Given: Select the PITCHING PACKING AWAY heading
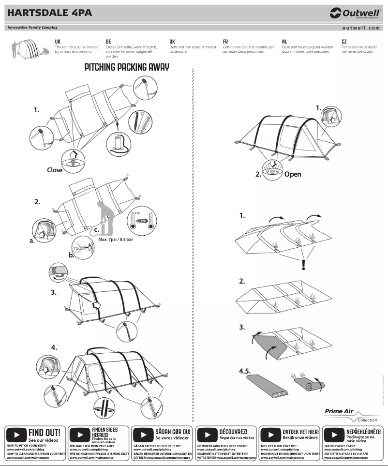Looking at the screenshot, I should [127, 67].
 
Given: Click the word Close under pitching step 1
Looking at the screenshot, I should [55, 170].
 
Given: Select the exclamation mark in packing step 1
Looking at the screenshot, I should [303, 265].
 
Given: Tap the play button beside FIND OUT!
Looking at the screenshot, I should [16, 435].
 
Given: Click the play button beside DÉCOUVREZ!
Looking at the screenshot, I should [208, 435].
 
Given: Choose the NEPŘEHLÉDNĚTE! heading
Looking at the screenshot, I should [364, 431].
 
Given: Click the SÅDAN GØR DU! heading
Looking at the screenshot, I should [173, 431].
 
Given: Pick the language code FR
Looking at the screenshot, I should [225, 42].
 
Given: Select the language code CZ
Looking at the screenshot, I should [344, 42].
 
